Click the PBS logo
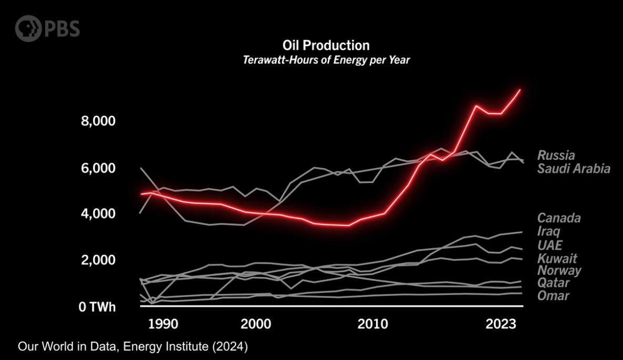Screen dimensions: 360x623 click(47, 28)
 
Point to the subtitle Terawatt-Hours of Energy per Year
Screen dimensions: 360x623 click(326, 60)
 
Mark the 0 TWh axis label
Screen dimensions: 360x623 click(97, 307)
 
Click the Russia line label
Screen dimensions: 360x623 click(556, 156)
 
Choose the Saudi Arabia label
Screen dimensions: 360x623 click(573, 169)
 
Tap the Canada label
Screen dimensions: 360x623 click(558, 218)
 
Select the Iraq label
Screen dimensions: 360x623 click(548, 231)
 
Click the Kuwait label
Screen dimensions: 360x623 click(557, 259)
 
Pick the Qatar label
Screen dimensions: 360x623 click(553, 283)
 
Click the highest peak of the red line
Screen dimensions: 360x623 click(520, 90)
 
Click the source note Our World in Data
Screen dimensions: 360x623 click(132, 347)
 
